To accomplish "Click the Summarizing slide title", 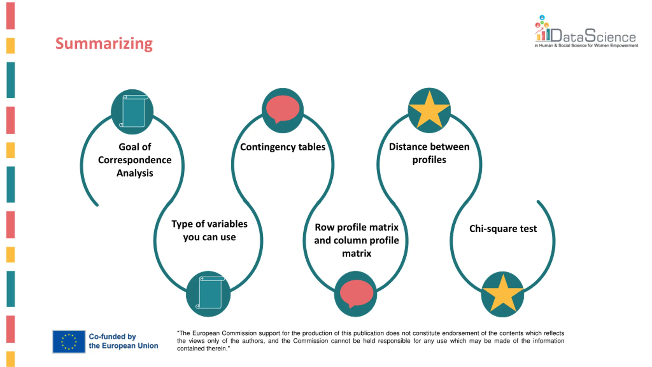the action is pos(104,44).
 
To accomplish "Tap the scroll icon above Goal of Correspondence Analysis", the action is pos(133,111).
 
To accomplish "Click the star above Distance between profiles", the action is pos(429,110).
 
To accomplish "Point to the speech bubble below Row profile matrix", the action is pos(356,293).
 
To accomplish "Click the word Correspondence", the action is pos(135,160).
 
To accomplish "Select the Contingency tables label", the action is pos(283,147).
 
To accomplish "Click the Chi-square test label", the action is pos(503,229).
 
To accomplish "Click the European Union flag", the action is pos(69,342).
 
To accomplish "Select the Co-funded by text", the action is pos(112,336).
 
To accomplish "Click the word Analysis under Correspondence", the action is pos(135,173).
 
